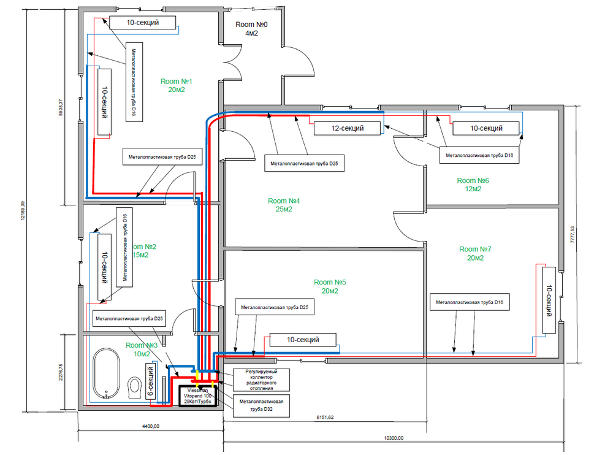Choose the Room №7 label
pyautogui.click(x=475, y=253)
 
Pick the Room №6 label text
pyautogui.click(x=473, y=185)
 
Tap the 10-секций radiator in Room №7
pyautogui.click(x=549, y=301)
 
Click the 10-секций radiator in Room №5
pyautogui.click(x=303, y=339)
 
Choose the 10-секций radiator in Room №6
pyautogui.click(x=486, y=128)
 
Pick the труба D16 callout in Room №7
pyautogui.click(x=470, y=302)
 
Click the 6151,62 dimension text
pyautogui.click(x=326, y=417)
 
